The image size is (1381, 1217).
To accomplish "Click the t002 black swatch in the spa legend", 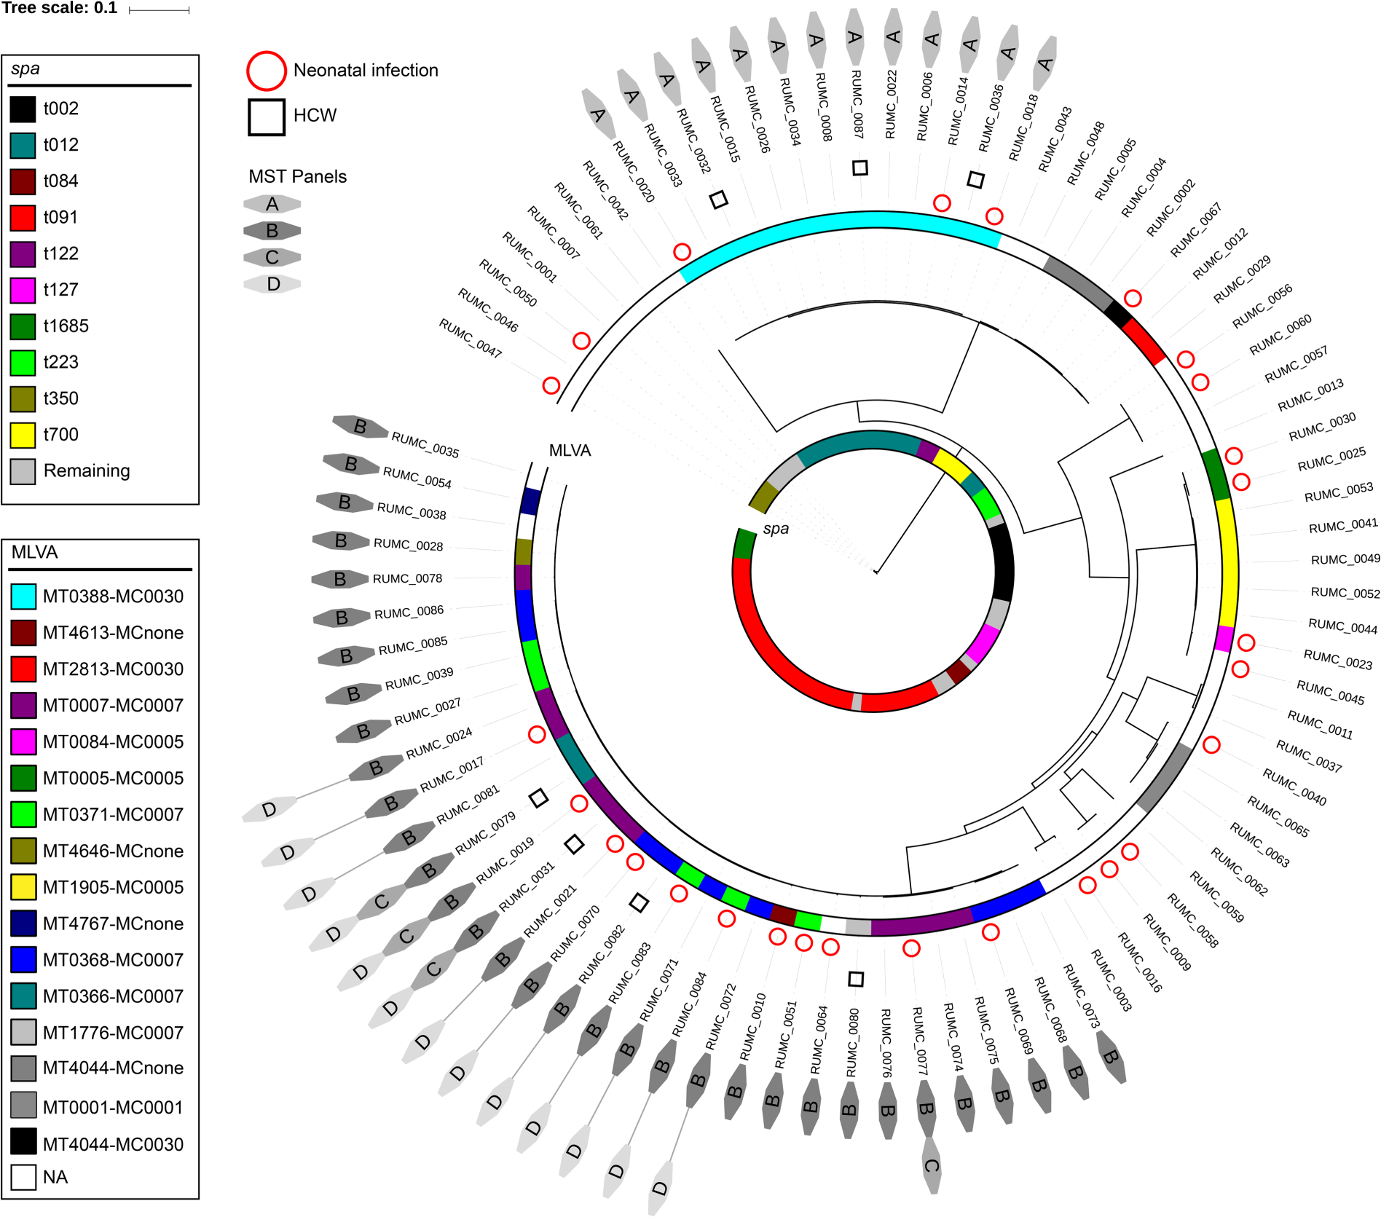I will (x=23, y=109).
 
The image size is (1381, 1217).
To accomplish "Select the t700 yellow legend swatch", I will (x=23, y=435).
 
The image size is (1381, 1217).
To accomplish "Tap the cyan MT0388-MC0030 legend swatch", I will (x=23, y=596).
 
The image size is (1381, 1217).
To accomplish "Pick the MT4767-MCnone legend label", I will (x=113, y=923).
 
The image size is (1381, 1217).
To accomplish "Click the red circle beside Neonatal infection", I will (x=266, y=71).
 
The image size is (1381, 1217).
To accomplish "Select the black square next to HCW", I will (x=266, y=117).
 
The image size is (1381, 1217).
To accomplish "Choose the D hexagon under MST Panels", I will (x=272, y=284).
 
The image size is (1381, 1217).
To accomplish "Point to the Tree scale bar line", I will (x=159, y=10).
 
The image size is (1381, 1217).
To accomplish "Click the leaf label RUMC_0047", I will (x=471, y=338).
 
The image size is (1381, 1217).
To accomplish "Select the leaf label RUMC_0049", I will (x=1345, y=559).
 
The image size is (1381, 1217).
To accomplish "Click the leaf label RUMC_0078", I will (x=407, y=579).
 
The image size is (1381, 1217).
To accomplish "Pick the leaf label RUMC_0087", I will (x=857, y=104).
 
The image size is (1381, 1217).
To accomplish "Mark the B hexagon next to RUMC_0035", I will (x=360, y=427).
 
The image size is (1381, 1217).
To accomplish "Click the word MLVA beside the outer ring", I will (x=570, y=451).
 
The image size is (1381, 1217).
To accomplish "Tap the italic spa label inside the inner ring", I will (x=776, y=529).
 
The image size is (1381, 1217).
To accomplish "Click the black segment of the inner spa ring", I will (x=1002, y=561).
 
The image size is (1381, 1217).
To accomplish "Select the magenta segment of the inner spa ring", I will (x=982, y=642).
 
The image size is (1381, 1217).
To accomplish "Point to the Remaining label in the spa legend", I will (x=87, y=471).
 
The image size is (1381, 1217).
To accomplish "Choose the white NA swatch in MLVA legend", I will (x=23, y=1177).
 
